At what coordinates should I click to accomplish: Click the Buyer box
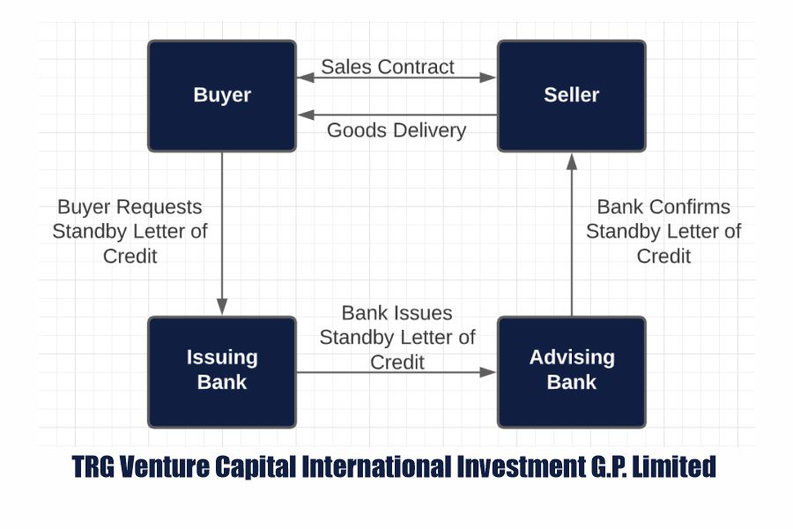coord(221,95)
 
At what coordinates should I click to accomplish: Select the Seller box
coord(571,95)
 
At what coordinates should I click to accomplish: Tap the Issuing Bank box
coord(221,370)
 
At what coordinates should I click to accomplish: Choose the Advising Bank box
coord(571,370)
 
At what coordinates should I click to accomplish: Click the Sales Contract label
coord(388,66)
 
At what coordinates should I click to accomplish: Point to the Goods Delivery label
coord(396,130)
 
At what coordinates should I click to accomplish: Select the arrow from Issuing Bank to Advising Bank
coord(396,372)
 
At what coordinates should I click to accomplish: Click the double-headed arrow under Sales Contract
coord(396,78)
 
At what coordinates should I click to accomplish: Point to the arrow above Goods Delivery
coord(396,115)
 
